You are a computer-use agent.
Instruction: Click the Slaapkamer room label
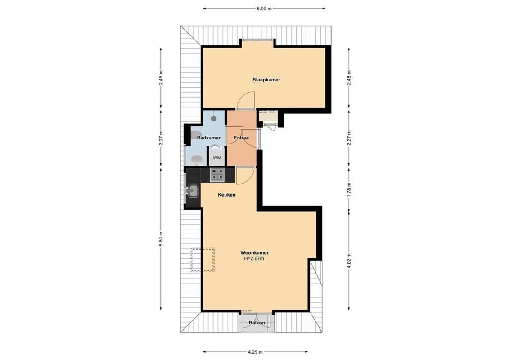(x=266, y=80)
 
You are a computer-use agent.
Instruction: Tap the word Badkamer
(x=208, y=138)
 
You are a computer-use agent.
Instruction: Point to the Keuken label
(x=227, y=195)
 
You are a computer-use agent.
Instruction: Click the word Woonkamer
(x=254, y=252)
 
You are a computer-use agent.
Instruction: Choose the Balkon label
(x=257, y=323)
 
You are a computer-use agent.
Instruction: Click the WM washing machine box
(x=217, y=157)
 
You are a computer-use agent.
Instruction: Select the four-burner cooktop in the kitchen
(x=217, y=174)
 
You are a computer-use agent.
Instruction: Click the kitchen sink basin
(x=194, y=191)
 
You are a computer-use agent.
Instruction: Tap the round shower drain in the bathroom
(x=214, y=118)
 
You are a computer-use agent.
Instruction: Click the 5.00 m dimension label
(x=264, y=9)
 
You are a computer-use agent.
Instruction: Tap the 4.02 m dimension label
(x=348, y=260)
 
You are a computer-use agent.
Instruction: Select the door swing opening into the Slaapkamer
(x=247, y=100)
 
